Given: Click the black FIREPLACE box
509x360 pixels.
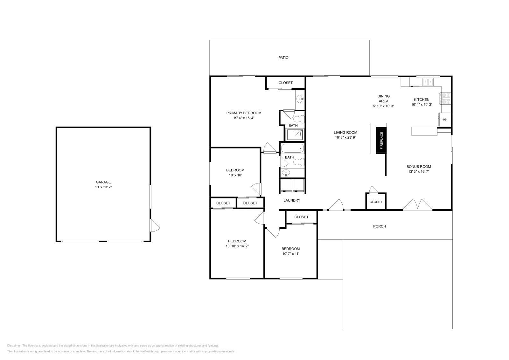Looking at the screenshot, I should pos(381,140).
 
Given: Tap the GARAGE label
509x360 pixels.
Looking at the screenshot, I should pos(103,182).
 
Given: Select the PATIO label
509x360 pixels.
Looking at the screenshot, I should pos(283,58).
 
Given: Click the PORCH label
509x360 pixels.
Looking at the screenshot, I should pos(379,226).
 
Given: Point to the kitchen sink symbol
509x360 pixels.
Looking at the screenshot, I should pos(428,82).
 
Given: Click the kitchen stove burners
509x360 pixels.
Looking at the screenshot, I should pos(445,98).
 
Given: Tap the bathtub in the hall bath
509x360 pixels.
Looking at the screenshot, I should pos(292,148).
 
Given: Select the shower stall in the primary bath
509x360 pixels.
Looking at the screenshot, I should pos(296,135).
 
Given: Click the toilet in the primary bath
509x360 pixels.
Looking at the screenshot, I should pos(299,120).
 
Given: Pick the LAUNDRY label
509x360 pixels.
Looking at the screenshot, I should pos(292,200).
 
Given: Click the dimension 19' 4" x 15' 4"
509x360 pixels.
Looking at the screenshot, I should pos(244,118).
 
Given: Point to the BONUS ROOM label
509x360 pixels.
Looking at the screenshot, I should pos(419,167).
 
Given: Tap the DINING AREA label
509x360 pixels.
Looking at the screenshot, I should pos(383,99).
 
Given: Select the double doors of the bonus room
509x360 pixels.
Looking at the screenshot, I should pos(418,205).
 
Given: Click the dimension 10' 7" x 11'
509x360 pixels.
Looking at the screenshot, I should pos(290,254).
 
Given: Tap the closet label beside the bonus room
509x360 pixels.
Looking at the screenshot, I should pos(376,202).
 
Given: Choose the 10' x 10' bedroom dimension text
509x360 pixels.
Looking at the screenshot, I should pos(235,175).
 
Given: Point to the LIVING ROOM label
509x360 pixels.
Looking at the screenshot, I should pos(345,133).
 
